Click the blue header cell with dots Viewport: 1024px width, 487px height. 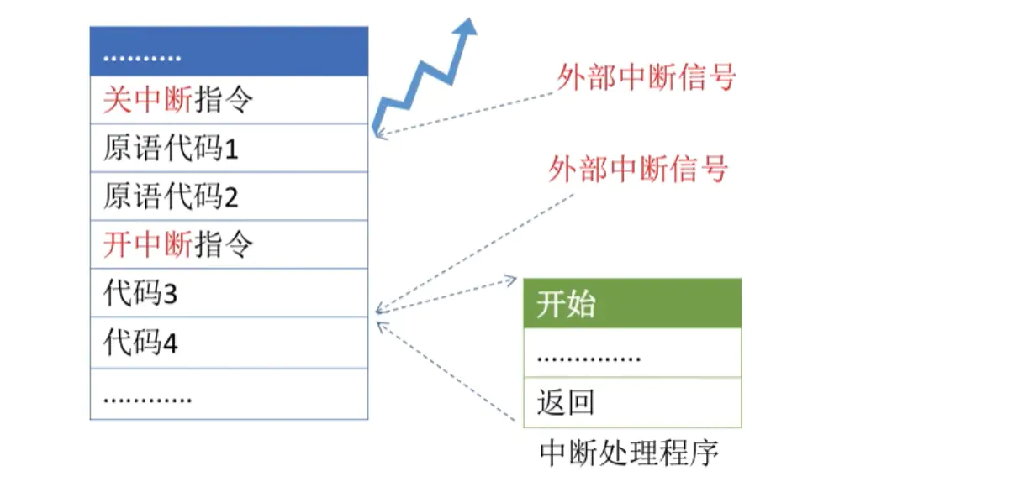229,51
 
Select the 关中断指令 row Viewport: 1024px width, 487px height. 229,101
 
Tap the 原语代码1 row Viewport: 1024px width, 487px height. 229,149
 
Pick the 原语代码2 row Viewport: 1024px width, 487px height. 229,196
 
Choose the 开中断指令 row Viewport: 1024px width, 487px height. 229,244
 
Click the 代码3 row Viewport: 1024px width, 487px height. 229,293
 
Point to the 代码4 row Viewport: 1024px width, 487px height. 229,343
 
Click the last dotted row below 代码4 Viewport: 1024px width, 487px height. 229,394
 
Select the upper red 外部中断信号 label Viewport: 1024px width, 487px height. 646,76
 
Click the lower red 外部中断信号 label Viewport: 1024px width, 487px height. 637,170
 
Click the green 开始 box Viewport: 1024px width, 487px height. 632,304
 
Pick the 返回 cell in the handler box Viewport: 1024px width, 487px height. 632,402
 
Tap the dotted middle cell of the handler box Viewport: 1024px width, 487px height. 632,353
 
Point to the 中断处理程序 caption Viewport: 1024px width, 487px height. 629,453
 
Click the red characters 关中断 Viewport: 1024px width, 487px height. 148,101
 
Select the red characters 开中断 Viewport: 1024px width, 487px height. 148,244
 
